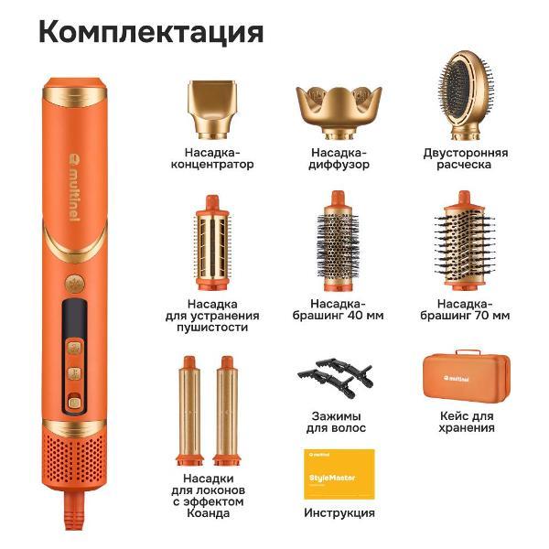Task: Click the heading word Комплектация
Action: click(151, 32)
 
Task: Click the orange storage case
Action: click(464, 376)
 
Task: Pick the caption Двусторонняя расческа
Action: click(465, 158)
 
